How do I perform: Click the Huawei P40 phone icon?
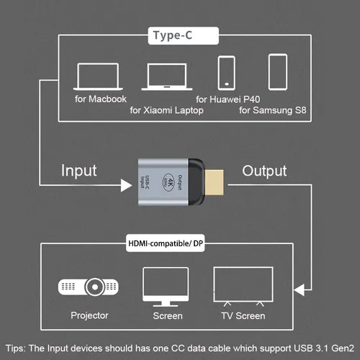click(225, 73)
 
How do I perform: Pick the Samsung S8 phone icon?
click(278, 73)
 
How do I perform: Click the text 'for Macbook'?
click(100, 98)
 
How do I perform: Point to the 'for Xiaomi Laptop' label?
click(166, 110)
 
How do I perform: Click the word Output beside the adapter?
click(264, 171)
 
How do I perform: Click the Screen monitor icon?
click(168, 286)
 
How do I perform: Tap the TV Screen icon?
click(243, 286)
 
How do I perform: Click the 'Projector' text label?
click(90, 315)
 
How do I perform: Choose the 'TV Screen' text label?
click(243, 315)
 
